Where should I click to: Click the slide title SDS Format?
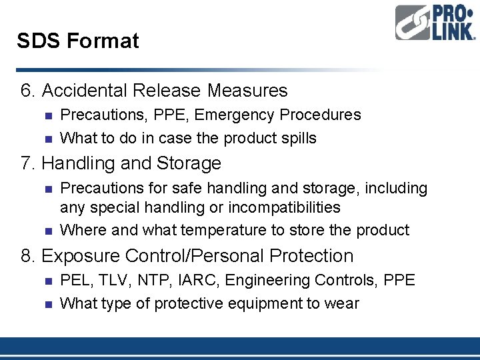[78, 41]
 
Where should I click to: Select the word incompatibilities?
[284, 208]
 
